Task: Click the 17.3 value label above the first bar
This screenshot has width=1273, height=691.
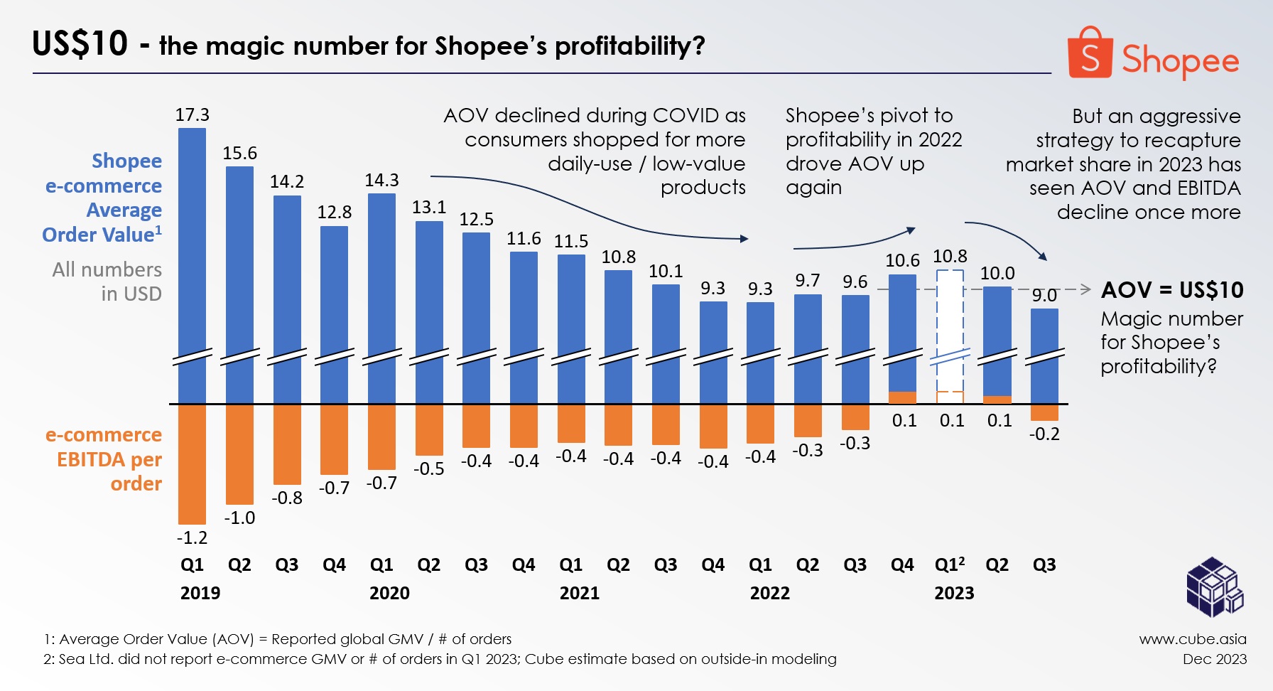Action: (x=193, y=115)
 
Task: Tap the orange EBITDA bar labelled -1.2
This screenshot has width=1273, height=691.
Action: (x=192, y=464)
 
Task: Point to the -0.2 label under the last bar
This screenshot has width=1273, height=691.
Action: (x=1044, y=434)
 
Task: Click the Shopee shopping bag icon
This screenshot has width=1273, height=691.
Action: (x=1089, y=54)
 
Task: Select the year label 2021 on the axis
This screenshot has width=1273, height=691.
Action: (x=579, y=593)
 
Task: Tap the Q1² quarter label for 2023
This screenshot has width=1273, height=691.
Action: (x=950, y=565)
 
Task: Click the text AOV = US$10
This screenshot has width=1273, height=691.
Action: (x=1172, y=290)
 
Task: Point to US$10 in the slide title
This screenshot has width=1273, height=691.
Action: (x=80, y=44)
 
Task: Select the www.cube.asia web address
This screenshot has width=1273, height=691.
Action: (x=1193, y=639)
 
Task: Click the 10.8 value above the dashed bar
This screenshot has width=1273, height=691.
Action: (x=950, y=257)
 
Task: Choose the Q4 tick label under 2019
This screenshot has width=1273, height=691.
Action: (x=334, y=565)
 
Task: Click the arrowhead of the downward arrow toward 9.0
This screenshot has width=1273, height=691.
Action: (x=1042, y=256)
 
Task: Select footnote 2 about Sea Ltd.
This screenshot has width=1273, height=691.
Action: (x=440, y=659)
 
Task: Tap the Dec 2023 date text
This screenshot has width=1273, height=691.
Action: (x=1214, y=659)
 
